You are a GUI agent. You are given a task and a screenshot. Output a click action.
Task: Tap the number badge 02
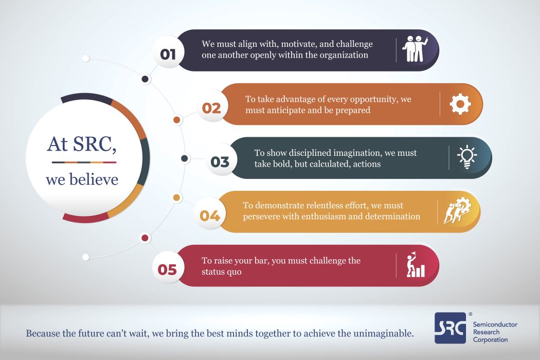[211, 108]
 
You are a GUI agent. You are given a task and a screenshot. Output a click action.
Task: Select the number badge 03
[220, 161]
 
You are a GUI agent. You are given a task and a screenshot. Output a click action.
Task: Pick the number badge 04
[210, 215]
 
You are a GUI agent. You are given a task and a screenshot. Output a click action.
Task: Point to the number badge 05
[168, 269]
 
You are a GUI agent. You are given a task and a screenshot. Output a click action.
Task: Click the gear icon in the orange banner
[460, 104]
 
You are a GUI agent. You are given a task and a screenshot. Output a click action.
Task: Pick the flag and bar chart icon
[416, 265]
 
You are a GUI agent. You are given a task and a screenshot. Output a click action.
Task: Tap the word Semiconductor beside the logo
[495, 325]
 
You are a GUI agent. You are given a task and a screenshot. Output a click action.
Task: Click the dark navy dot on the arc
[146, 79]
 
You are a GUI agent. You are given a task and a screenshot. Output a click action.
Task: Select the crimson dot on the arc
[145, 238]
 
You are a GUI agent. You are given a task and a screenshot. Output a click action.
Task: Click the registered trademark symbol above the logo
[470, 314]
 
